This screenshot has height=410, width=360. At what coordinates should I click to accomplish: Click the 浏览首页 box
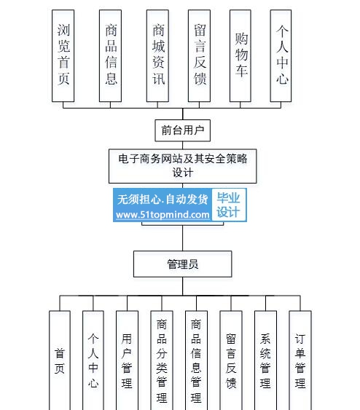click(63, 55)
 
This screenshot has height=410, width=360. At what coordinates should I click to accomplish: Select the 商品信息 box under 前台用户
click(110, 55)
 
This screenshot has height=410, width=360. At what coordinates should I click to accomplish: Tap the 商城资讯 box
click(157, 55)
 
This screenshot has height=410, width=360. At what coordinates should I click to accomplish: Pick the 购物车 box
click(240, 55)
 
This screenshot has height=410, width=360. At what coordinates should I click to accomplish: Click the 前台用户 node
click(183, 130)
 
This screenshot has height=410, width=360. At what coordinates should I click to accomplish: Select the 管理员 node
click(183, 264)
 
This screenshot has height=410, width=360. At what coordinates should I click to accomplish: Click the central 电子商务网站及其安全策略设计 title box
click(183, 166)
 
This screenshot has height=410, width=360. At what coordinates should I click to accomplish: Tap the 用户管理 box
click(127, 360)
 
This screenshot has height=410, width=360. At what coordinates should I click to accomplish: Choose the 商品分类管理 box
click(162, 360)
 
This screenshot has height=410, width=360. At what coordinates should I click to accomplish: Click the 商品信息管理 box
click(196, 360)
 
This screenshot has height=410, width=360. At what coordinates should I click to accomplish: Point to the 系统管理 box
click(265, 360)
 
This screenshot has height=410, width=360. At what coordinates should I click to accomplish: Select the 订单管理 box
click(300, 360)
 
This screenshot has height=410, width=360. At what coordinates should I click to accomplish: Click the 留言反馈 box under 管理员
click(231, 360)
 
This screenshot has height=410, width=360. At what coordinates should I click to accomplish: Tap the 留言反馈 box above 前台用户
click(199, 55)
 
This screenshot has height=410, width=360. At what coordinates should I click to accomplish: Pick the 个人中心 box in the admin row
click(93, 360)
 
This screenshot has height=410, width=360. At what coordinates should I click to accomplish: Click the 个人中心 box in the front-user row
click(281, 55)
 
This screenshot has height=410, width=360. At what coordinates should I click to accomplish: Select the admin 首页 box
click(60, 360)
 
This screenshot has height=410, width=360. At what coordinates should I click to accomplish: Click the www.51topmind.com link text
click(163, 215)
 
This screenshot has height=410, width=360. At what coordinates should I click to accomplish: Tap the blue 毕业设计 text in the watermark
click(228, 205)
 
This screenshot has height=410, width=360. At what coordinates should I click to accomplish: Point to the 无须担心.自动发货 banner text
click(163, 200)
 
